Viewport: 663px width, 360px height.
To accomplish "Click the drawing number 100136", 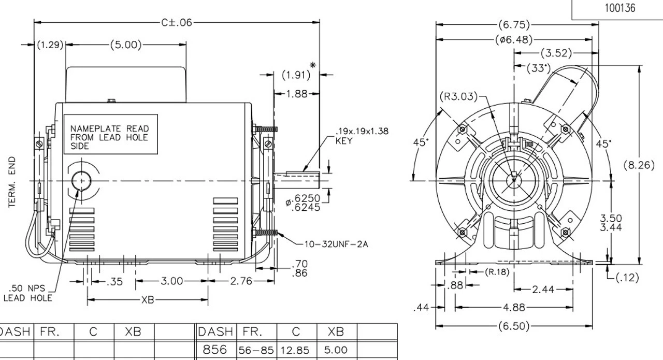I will (x=617, y=8).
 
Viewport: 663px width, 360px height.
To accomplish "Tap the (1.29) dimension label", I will (x=50, y=45).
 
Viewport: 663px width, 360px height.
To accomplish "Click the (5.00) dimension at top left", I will (x=125, y=45).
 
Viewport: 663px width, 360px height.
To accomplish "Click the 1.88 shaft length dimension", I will (x=297, y=94).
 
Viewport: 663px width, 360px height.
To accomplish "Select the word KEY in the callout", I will (x=343, y=141).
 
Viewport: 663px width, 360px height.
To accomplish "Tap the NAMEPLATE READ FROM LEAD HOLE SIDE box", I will (x=109, y=137).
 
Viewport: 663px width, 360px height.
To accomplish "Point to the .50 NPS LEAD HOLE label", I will (x=28, y=293).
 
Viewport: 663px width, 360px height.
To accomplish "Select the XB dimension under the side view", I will (x=148, y=300).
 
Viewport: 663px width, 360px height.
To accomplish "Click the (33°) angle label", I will (x=539, y=68).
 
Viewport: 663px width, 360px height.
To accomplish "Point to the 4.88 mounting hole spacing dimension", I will (x=514, y=308).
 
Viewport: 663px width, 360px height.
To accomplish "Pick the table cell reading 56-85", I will (x=257, y=351).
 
